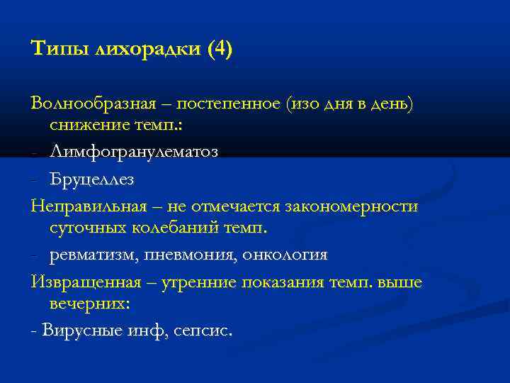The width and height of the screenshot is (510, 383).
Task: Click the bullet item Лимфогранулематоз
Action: pyautogui.click(x=134, y=152)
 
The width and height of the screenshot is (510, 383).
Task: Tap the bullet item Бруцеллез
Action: pyautogui.click(x=91, y=179)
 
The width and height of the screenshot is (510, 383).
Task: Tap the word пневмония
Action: pyautogui.click(x=188, y=255)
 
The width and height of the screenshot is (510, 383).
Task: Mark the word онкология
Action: pyautogui.click(x=285, y=255)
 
